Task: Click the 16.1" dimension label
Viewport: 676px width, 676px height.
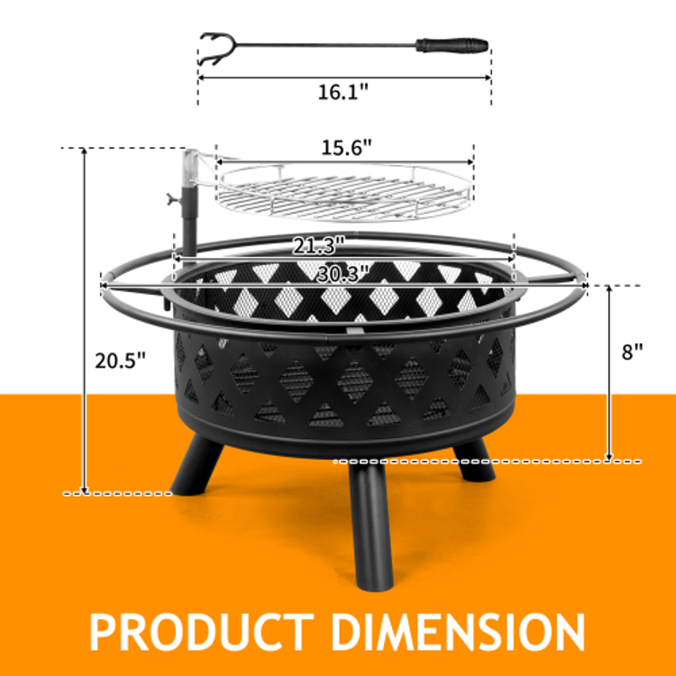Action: [343, 92]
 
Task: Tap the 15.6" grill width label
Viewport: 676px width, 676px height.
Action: [346, 148]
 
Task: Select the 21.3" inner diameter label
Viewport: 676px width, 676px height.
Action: [318, 246]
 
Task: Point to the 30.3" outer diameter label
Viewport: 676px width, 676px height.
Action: [343, 273]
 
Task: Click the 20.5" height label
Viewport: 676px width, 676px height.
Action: [120, 361]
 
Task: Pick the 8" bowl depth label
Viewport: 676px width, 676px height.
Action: [632, 352]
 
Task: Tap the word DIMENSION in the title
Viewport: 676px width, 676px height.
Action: [458, 632]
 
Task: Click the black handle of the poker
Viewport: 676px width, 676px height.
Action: [452, 45]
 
